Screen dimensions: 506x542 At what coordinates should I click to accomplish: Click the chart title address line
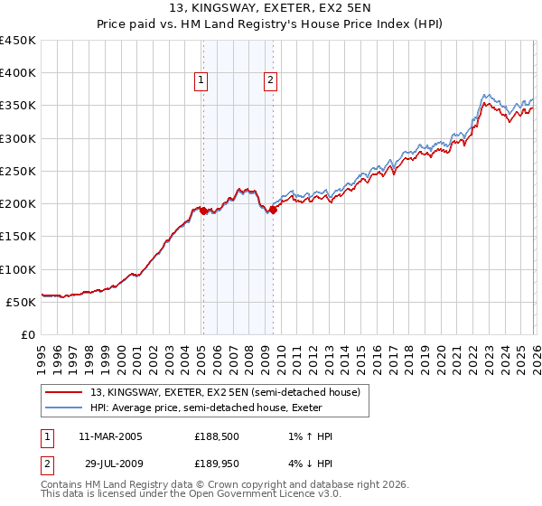coord(270,8)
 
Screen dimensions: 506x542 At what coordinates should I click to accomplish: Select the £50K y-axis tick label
coord(22,302)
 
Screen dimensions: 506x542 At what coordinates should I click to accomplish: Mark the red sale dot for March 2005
coord(203,211)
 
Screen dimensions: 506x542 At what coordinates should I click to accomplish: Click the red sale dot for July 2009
coord(273,210)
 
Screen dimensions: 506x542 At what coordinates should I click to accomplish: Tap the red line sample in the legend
coord(65,392)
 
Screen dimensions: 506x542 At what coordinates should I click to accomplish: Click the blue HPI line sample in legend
coord(65,408)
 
